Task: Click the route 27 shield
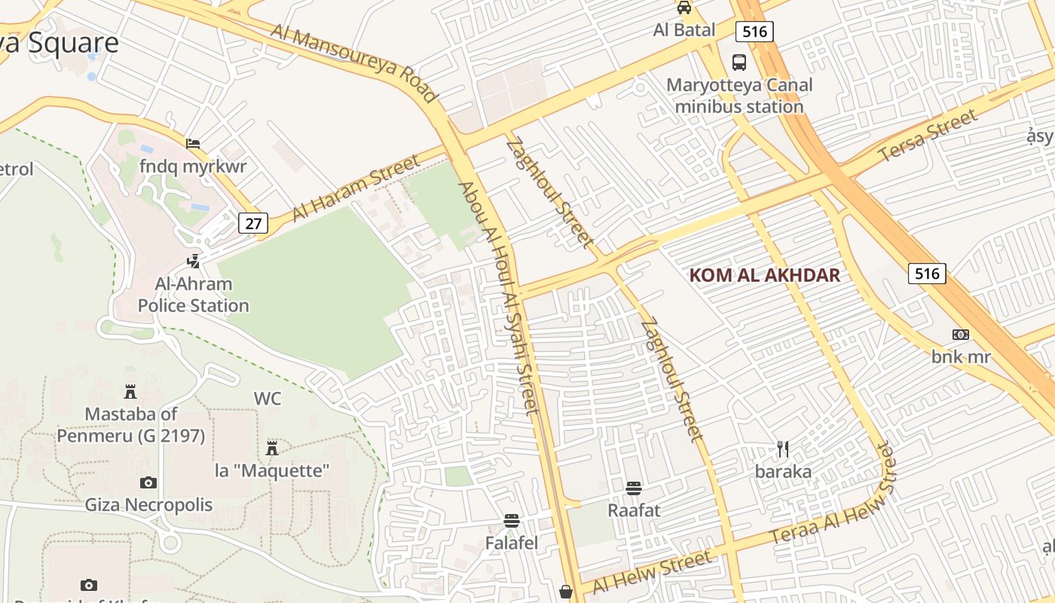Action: pos(253,222)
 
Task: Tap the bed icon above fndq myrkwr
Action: pos(193,143)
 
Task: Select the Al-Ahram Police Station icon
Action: pos(194,261)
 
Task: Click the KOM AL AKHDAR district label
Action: pos(764,275)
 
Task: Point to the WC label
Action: pos(268,399)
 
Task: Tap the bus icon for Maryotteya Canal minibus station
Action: pos(739,63)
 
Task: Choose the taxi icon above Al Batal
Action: pos(683,8)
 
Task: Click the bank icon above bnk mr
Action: pos(960,334)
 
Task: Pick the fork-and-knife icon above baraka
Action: pos(783,449)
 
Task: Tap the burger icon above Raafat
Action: pos(634,488)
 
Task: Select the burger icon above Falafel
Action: pos(512,520)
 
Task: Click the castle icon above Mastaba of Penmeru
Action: pos(130,391)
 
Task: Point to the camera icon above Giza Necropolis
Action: pos(148,482)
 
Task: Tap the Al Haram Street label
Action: pos(356,188)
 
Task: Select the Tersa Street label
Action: pos(928,136)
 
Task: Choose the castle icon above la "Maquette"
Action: pos(272,448)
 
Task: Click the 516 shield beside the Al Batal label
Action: pos(754,31)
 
